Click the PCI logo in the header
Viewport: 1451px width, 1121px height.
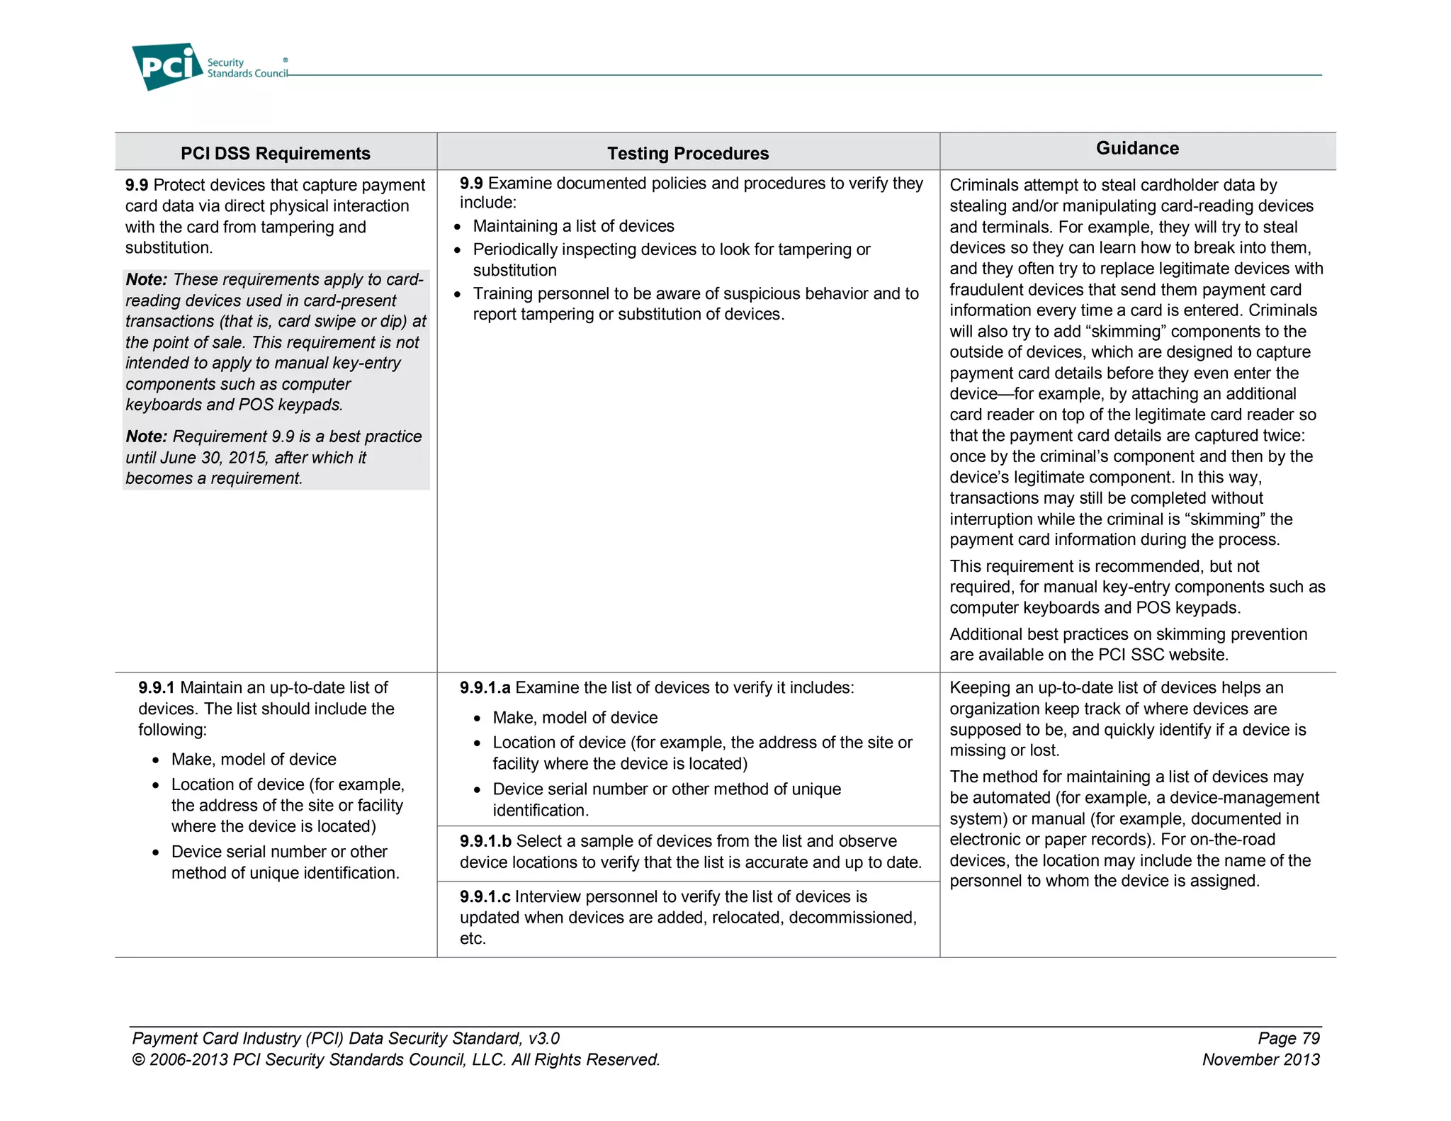coord(166,67)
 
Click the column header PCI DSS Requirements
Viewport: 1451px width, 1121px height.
coord(275,153)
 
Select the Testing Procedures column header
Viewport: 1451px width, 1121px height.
coord(687,153)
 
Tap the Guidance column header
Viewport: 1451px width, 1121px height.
coord(1137,148)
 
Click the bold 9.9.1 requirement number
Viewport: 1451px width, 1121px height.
coord(156,687)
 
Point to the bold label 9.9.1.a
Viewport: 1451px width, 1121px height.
coord(485,687)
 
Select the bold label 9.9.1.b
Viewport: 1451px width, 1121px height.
coord(485,841)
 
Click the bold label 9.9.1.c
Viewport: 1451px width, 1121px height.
coord(485,896)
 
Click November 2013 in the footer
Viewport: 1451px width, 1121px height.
coord(1260,1059)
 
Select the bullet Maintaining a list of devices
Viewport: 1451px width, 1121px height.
coord(573,226)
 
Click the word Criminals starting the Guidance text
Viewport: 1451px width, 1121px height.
coord(982,185)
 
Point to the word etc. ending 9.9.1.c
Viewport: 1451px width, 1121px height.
coord(473,939)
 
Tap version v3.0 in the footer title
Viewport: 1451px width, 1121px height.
coord(543,1038)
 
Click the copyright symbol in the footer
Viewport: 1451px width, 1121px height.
coord(138,1060)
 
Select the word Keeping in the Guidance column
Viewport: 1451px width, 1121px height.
coord(979,687)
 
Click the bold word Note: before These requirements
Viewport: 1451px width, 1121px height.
coord(146,279)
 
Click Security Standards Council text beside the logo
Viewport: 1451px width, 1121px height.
coord(247,68)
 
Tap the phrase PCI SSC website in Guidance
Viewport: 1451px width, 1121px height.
coord(1163,655)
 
